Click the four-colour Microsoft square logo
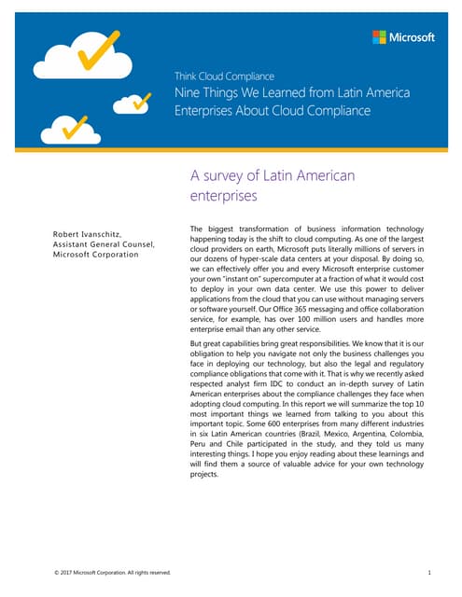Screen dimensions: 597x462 pyautogui.click(x=380, y=37)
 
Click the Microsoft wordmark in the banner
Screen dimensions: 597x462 pyautogui.click(x=412, y=37)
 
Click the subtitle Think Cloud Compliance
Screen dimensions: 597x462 pyautogui.click(x=219, y=76)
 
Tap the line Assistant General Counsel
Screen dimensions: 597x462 pyautogui.click(x=103, y=243)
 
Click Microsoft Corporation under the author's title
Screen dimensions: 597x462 pyautogui.click(x=96, y=254)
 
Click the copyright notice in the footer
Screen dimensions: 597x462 pyautogui.click(x=113, y=572)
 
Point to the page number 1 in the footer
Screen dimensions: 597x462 pyautogui.click(x=427, y=572)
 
